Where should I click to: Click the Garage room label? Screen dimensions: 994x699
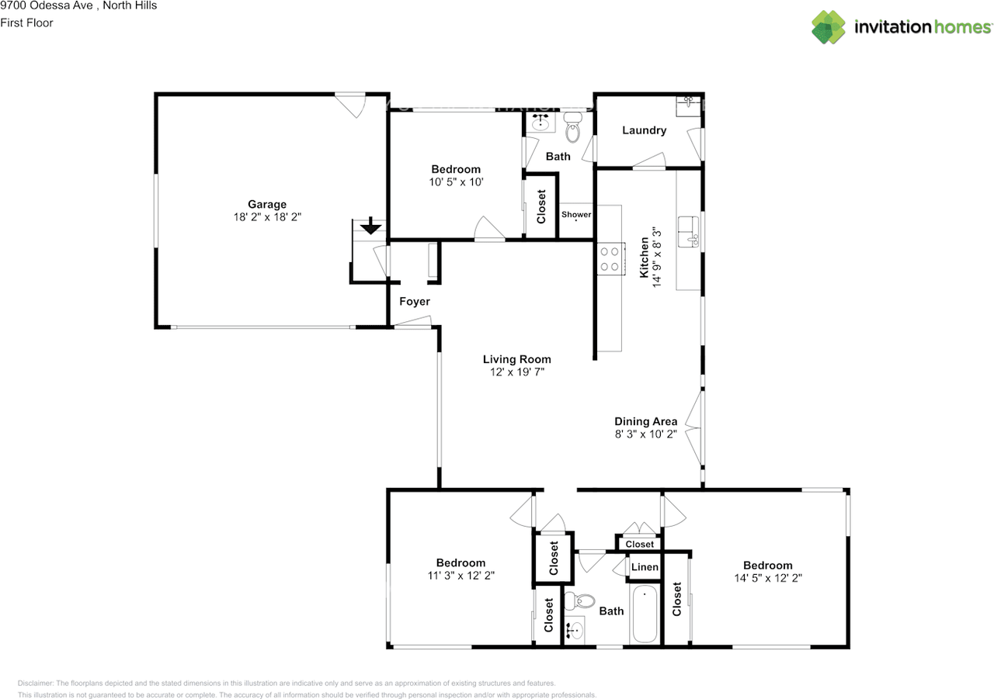point(267,204)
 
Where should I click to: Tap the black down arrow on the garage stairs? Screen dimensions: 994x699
point(370,226)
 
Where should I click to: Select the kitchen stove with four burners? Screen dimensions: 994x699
point(610,259)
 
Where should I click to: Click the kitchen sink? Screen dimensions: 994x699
point(688,232)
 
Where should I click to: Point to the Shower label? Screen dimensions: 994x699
point(576,215)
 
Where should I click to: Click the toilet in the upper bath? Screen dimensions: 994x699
point(573,127)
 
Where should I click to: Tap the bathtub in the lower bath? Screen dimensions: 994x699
point(645,614)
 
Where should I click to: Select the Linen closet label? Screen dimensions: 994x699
point(645,567)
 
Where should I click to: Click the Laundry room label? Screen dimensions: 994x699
point(645,130)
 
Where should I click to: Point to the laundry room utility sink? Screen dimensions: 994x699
point(688,107)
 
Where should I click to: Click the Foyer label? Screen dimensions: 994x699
point(415,302)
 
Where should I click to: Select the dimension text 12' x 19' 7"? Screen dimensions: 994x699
point(517,372)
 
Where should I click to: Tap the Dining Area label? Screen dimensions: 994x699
point(645,421)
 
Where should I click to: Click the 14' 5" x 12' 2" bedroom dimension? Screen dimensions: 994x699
point(768,578)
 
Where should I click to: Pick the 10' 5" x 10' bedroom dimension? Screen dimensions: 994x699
point(456,182)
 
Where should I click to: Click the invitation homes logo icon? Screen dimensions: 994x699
point(829,27)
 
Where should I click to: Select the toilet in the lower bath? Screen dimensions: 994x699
point(579,601)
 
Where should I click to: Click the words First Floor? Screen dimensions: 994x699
point(26,23)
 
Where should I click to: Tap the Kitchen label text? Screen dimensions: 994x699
point(644,258)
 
